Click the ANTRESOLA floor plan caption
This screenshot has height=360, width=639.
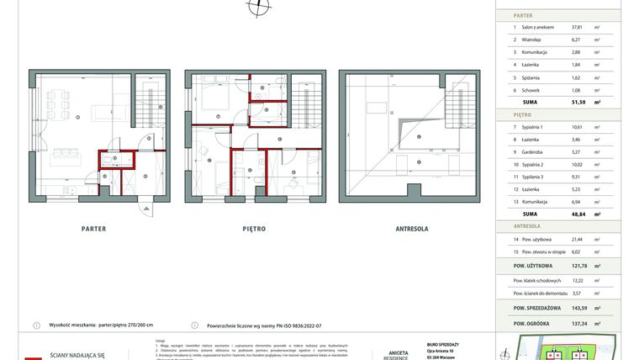[414, 228]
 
